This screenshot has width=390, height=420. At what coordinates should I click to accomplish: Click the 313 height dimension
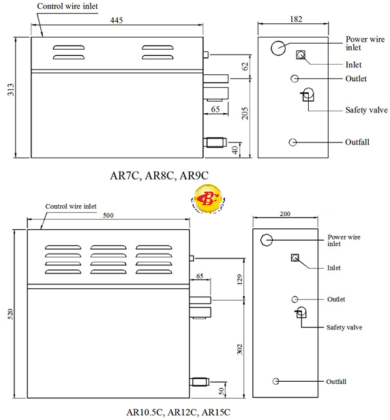tap(10, 97)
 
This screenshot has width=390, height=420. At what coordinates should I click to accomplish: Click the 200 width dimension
tap(285, 214)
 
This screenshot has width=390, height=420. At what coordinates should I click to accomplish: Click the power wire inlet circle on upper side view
tap(278, 48)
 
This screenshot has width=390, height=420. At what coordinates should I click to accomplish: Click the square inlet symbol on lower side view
tap(295, 258)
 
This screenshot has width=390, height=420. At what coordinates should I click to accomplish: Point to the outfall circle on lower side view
tap(275, 381)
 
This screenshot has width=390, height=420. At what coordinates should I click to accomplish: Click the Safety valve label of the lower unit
tap(344, 327)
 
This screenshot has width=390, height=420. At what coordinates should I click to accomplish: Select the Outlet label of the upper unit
tap(356, 79)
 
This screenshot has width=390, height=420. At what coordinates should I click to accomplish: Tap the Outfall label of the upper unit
tap(357, 142)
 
